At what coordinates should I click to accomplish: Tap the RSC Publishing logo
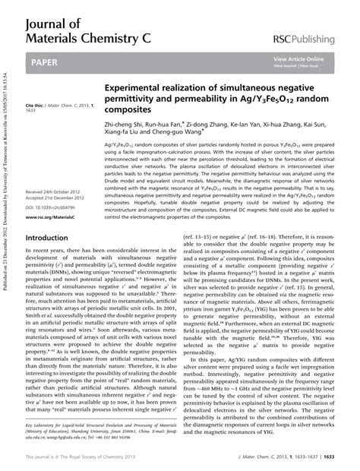(309, 38)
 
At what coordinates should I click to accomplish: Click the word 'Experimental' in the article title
(141, 89)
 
